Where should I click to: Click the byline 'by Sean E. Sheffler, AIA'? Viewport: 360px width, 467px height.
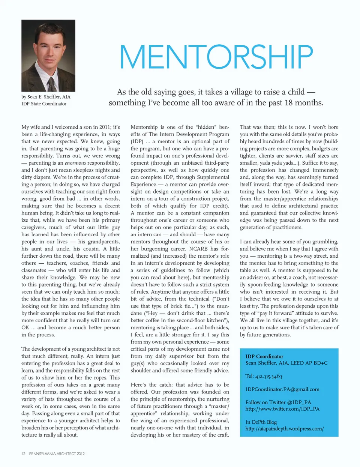point(46,97)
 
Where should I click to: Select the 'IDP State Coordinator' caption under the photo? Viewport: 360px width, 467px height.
point(44,104)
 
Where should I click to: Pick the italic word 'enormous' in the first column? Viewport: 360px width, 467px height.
point(75,163)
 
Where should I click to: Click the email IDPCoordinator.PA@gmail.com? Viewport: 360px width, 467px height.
point(282,389)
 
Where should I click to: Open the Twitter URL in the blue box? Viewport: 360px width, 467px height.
point(282,409)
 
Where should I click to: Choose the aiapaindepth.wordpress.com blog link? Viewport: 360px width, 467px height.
point(284,429)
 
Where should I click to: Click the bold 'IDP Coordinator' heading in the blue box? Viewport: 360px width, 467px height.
point(264,356)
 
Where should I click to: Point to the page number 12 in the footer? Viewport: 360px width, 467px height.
point(23,454)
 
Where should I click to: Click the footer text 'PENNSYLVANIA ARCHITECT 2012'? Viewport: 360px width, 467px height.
point(57,454)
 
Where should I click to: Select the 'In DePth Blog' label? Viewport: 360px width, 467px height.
point(261,422)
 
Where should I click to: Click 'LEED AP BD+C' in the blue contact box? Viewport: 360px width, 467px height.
point(310,363)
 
